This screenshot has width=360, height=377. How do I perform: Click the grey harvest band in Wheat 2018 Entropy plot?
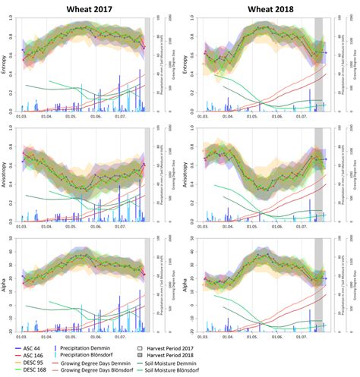[x=319, y=64]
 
